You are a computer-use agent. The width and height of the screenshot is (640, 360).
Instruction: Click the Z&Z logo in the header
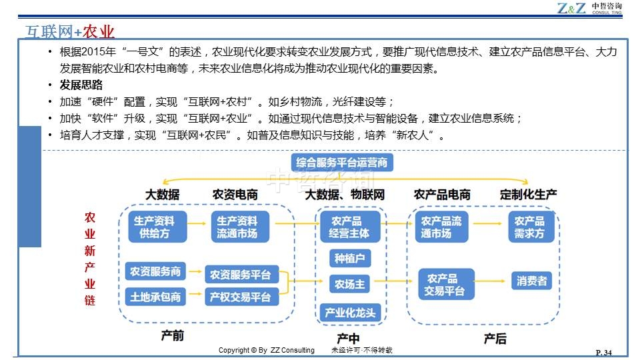[x=572, y=8]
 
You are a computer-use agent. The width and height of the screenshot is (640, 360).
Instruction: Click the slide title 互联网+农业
[x=69, y=31]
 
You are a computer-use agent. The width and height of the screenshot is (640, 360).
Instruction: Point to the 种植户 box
[x=349, y=258]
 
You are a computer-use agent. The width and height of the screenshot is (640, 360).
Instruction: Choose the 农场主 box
[x=349, y=284]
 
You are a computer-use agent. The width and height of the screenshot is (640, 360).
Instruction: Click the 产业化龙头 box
[x=349, y=312]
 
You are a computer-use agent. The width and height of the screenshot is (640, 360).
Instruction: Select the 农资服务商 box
[x=155, y=271]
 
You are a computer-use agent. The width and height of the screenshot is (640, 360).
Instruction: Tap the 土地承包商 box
[x=155, y=297]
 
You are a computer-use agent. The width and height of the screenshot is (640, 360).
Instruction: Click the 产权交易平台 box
[x=240, y=297]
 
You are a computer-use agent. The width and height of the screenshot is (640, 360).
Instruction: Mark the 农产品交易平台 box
[x=445, y=285]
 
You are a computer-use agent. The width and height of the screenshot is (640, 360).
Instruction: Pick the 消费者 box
[x=531, y=281]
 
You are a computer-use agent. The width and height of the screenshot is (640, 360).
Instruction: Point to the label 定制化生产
[x=528, y=195]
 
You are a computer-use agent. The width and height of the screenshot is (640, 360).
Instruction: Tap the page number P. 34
[x=603, y=352]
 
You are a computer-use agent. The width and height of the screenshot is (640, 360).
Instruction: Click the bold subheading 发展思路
[x=81, y=85]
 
